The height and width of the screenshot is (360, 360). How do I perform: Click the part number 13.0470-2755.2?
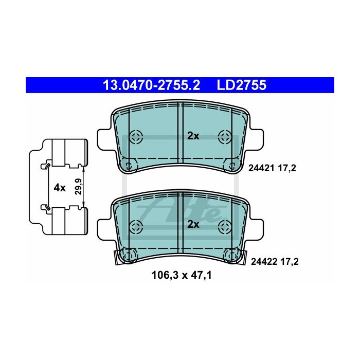point(152,85)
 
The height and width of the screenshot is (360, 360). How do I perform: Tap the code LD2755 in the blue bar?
point(241,85)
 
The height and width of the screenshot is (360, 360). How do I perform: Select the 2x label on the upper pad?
point(193,136)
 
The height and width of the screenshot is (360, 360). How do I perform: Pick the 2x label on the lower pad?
point(193,224)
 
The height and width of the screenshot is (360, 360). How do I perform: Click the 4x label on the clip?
point(60,188)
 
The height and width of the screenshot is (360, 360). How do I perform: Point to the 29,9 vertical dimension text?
point(79,186)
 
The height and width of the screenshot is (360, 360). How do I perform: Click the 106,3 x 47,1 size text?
point(182,275)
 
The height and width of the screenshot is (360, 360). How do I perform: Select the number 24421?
point(261,169)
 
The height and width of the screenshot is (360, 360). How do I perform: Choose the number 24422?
point(264,261)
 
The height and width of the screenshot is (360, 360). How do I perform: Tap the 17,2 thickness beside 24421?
point(287,169)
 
